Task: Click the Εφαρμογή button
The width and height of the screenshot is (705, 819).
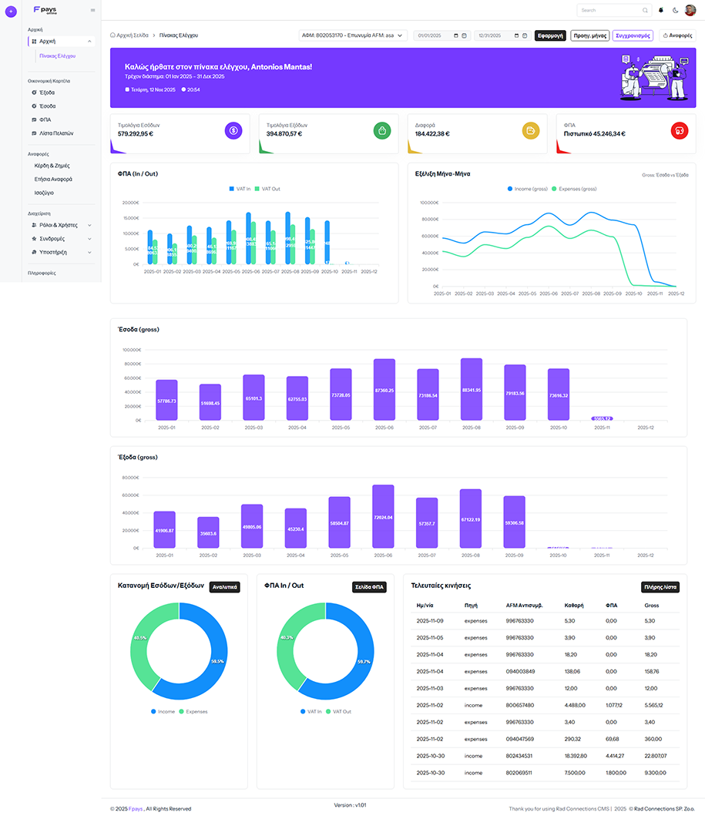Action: [550, 35]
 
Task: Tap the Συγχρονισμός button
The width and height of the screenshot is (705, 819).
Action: [633, 35]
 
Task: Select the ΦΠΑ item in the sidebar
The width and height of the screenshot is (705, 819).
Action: [45, 119]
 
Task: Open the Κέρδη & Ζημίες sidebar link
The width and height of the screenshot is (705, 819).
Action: [52, 166]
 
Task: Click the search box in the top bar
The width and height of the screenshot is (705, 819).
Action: [613, 10]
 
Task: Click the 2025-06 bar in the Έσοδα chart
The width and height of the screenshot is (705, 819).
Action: [384, 389]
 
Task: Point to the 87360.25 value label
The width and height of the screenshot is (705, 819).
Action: [384, 391]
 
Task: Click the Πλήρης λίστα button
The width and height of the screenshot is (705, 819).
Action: [660, 587]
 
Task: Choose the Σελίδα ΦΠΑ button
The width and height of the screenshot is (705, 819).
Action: [370, 587]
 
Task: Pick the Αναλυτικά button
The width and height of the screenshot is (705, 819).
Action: [225, 587]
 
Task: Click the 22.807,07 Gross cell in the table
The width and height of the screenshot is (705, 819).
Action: [656, 756]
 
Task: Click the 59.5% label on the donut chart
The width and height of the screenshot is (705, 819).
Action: [217, 661]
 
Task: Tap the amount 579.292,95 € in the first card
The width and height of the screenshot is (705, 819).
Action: [136, 133]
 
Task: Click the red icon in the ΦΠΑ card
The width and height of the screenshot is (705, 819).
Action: [679, 130]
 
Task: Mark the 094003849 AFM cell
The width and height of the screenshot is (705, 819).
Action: [520, 671]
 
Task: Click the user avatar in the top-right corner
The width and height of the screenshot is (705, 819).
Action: [690, 10]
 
